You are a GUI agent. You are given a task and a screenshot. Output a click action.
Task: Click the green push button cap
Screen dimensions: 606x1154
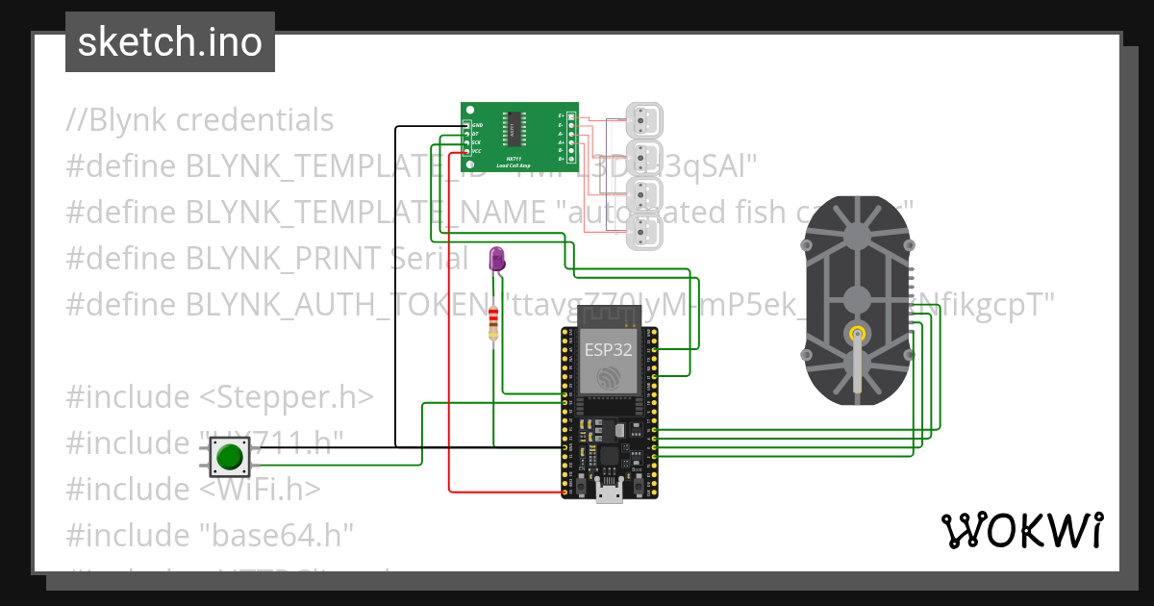pos(229,456)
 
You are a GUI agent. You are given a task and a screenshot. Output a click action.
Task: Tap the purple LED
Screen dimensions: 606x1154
pos(496,258)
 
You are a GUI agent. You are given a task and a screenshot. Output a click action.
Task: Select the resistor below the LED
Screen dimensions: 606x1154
pos(493,324)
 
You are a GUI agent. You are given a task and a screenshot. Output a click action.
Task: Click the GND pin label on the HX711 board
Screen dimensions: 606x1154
pos(477,126)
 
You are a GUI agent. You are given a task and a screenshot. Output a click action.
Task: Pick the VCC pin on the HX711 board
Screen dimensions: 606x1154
pos(476,151)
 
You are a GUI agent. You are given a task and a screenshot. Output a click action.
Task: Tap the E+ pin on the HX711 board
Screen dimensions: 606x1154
pos(562,116)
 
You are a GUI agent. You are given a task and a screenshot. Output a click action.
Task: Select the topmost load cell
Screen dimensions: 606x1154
pos(641,120)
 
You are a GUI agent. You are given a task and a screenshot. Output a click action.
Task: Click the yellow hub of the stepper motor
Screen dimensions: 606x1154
pos(856,334)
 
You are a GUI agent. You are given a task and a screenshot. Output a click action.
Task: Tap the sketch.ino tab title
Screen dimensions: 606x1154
pos(170,42)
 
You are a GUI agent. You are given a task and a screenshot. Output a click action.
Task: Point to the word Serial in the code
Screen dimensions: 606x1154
pos(430,259)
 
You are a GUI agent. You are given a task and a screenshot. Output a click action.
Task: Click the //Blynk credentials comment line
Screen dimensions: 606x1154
pos(200,120)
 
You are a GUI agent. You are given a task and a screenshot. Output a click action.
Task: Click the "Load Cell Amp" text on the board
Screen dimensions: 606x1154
pos(519,165)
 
